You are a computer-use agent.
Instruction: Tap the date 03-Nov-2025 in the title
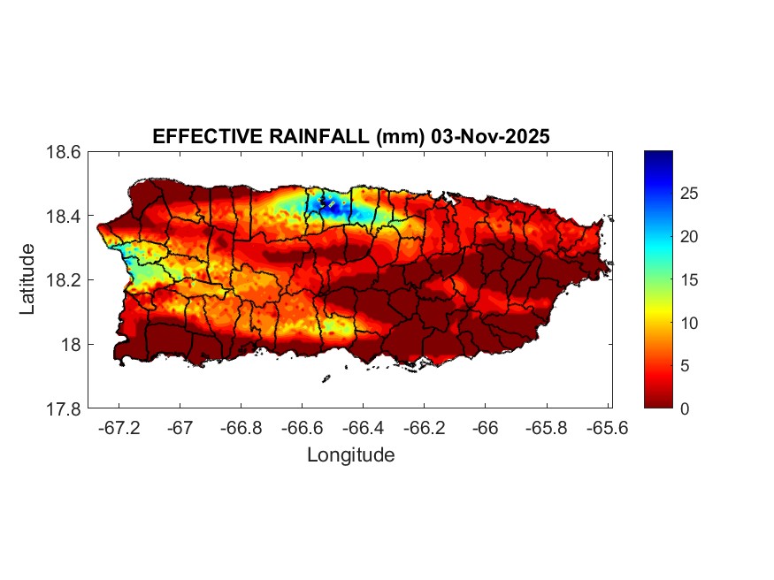(x=479, y=137)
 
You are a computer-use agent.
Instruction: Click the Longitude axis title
(x=350, y=455)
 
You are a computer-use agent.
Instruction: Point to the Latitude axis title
(x=28, y=279)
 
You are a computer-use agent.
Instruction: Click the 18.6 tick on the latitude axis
(x=64, y=152)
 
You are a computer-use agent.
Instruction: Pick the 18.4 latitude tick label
(x=64, y=217)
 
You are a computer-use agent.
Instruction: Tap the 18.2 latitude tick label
(x=64, y=280)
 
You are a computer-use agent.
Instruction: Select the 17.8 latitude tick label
(x=64, y=408)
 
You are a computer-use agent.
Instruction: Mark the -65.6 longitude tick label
(x=607, y=428)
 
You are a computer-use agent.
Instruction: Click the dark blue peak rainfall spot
(x=333, y=204)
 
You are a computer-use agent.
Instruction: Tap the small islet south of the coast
(x=326, y=378)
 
